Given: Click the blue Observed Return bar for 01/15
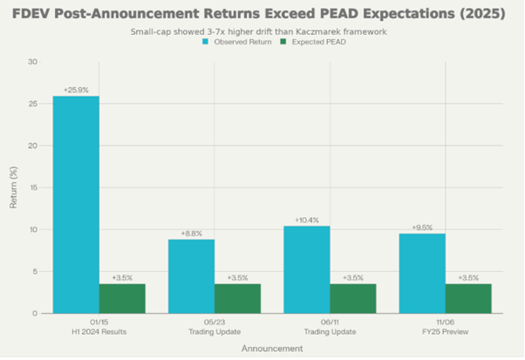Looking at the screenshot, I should [x=76, y=205].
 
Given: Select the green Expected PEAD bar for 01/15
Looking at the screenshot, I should [x=122, y=298].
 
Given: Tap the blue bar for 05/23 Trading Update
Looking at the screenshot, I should [x=191, y=276].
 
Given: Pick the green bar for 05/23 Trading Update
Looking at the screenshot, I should [x=237, y=298].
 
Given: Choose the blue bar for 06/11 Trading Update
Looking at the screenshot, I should [x=306, y=269].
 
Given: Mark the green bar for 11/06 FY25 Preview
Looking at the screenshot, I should [x=468, y=298].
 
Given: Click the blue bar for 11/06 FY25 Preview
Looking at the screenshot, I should [x=422, y=273].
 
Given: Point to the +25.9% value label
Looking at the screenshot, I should [x=76, y=90].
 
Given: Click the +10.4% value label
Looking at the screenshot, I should [x=306, y=220].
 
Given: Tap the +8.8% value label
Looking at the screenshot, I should [x=191, y=234].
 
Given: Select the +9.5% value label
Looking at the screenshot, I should [x=422, y=228].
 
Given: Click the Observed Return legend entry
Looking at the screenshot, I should [x=235, y=41].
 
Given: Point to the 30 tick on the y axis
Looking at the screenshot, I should [x=32, y=62].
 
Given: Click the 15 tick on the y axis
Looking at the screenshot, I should [x=32, y=187].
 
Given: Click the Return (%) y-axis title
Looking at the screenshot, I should [x=13, y=187].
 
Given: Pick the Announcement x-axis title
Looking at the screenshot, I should [x=271, y=348].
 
